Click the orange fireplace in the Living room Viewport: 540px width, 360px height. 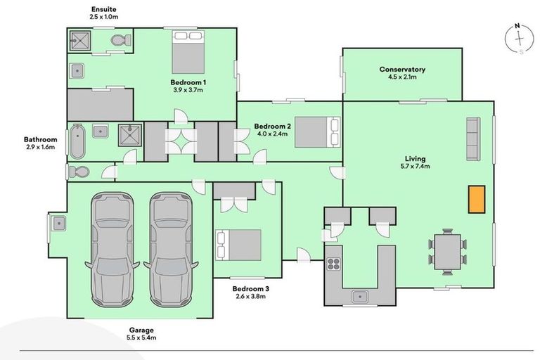coord(476,199)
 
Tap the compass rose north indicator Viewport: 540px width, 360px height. coord(517,25)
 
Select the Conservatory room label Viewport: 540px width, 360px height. coord(402,69)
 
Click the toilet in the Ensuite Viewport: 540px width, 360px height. coord(121,40)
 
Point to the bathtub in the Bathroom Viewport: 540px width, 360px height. coord(77,141)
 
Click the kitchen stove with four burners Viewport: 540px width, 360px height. coord(333,264)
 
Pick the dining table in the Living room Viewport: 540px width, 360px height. coord(447,252)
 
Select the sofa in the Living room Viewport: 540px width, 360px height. coord(473,139)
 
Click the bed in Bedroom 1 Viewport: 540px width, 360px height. coord(188,52)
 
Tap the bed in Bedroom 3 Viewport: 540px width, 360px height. coord(238,245)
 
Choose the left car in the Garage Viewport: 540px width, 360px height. coord(112,250)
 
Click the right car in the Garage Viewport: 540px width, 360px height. coord(171,250)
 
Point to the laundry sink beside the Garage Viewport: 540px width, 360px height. coord(58,223)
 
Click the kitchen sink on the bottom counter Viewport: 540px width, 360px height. coord(360,296)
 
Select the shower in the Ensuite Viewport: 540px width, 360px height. coord(80,41)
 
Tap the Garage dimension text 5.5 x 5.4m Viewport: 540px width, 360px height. coord(141,337)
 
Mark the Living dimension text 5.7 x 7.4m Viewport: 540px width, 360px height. coord(415,167)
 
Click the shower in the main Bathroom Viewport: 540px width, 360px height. coord(130,135)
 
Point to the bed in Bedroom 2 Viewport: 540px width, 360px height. coord(317,132)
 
